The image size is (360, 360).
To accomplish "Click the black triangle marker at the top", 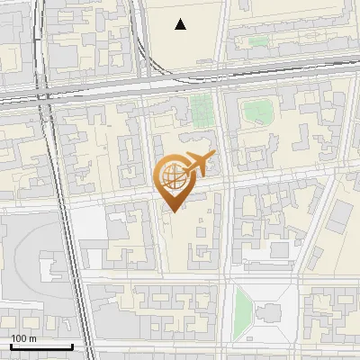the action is [x=181, y=24].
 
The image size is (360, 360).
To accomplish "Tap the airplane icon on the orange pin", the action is [x=197, y=164].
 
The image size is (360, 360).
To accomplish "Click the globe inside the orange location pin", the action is [x=172, y=177].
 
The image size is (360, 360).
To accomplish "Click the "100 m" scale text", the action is [x=23, y=338].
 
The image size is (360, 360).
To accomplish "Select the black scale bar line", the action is [x=41, y=346].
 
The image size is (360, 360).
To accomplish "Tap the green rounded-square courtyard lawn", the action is [x=257, y=112].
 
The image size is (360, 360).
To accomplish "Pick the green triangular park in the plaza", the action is [x=242, y=310].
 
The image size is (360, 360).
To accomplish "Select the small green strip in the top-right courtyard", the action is [x=259, y=40].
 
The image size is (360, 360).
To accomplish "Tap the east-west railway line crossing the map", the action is [x=180, y=79].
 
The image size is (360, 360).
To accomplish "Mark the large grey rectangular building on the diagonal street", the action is [x=340, y=216].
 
